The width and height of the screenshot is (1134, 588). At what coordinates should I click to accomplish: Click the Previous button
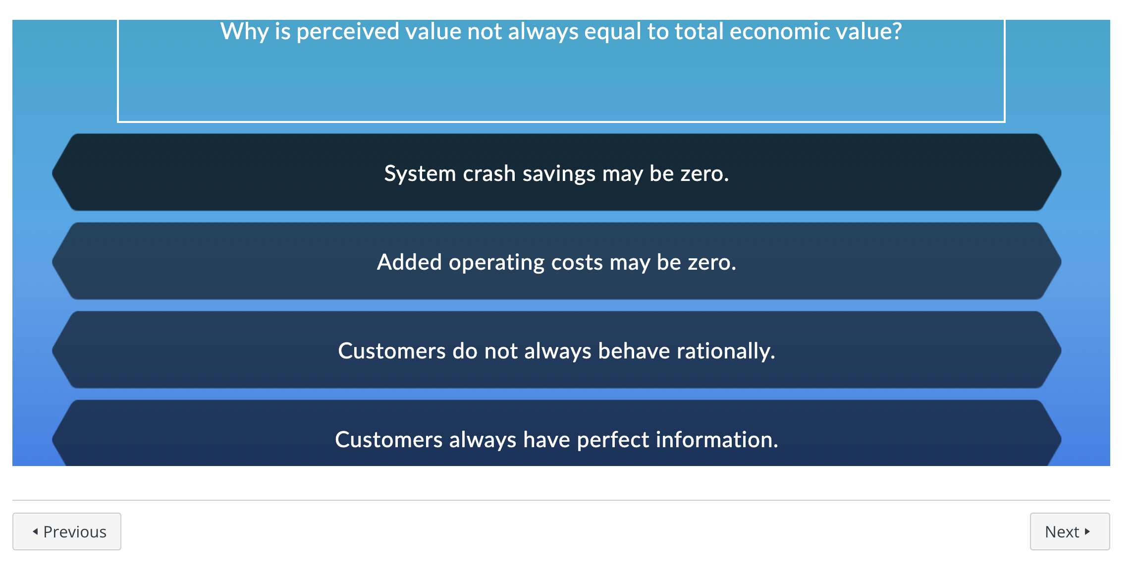pyautogui.click(x=67, y=531)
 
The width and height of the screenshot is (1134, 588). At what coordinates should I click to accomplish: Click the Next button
pyautogui.click(x=1069, y=531)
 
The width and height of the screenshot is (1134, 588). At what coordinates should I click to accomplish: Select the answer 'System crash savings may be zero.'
pyautogui.click(x=556, y=173)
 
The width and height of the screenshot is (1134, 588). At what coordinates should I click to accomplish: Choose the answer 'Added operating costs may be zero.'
pyautogui.click(x=556, y=262)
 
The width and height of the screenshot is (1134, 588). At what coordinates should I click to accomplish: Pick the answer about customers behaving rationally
pyautogui.click(x=556, y=351)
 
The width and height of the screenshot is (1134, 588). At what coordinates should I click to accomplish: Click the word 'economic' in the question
pyautogui.click(x=780, y=31)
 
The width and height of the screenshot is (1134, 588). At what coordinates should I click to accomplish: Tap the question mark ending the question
pyautogui.click(x=896, y=31)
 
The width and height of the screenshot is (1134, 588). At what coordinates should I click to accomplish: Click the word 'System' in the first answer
pyautogui.click(x=420, y=174)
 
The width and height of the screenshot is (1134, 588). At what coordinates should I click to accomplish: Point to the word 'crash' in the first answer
pyautogui.click(x=489, y=174)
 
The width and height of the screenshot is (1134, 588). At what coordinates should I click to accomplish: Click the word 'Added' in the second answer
pyautogui.click(x=409, y=262)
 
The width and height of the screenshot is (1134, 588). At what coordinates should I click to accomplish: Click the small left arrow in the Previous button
pyautogui.click(x=35, y=531)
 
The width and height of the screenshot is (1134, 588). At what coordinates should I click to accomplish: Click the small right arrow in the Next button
pyautogui.click(x=1087, y=531)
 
